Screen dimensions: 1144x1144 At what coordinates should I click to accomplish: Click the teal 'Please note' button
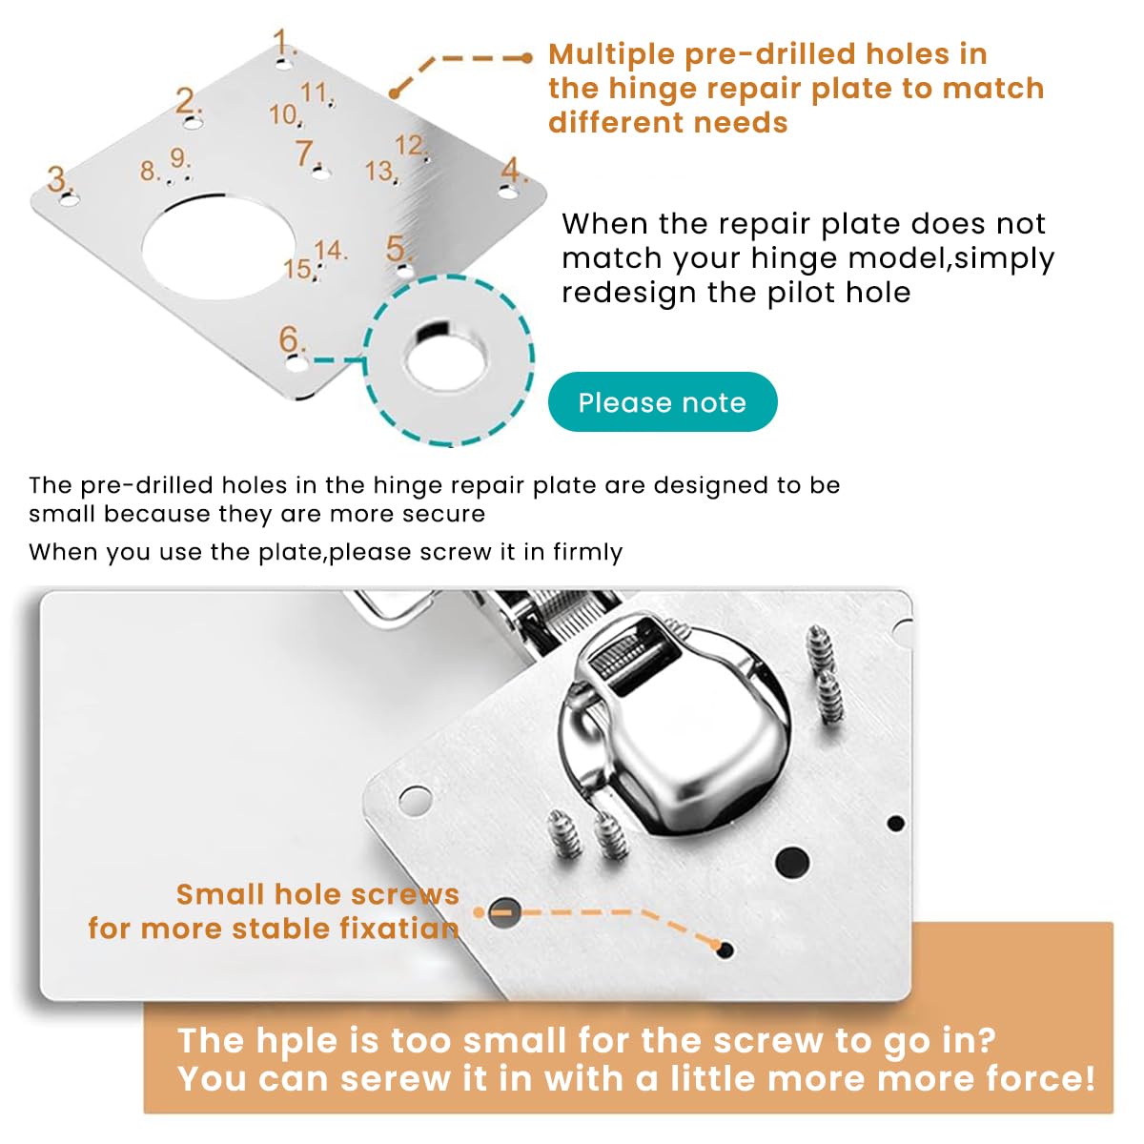(x=663, y=402)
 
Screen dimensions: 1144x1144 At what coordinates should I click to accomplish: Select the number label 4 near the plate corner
(x=513, y=171)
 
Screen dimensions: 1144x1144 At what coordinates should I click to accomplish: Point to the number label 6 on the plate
(x=291, y=339)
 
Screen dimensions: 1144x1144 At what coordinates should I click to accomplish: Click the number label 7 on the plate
(x=305, y=153)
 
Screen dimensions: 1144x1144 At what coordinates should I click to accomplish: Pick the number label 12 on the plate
(x=410, y=145)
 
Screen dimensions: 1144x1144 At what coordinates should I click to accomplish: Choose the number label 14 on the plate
(x=330, y=251)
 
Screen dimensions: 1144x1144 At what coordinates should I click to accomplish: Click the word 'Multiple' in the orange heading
(x=611, y=54)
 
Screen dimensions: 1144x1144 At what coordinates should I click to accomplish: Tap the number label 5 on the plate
(x=398, y=249)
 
